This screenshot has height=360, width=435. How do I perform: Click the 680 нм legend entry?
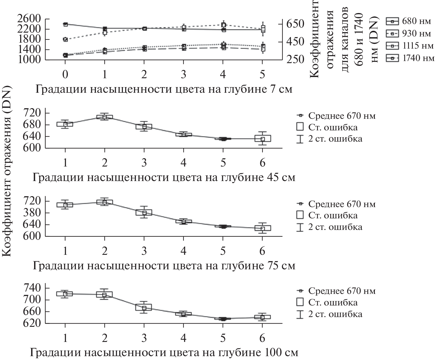(x=410, y=21)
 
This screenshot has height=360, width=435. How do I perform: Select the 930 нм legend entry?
(x=410, y=33)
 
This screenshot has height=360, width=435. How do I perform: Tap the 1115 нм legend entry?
(x=410, y=46)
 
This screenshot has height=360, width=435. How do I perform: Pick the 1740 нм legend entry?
(x=410, y=58)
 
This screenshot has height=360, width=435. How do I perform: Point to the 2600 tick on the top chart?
(x=29, y=19)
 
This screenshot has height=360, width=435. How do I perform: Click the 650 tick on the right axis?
(x=295, y=24)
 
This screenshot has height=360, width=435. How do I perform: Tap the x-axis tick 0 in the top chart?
(x=65, y=74)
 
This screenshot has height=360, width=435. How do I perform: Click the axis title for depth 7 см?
(x=164, y=89)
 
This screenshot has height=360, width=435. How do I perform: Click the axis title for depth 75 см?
(x=164, y=265)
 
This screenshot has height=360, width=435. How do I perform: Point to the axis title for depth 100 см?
(x=164, y=353)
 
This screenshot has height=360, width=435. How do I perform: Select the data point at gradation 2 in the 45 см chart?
(x=104, y=117)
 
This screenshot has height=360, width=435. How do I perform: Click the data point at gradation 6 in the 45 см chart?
(x=262, y=139)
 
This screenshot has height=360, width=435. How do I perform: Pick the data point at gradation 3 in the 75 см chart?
(x=144, y=212)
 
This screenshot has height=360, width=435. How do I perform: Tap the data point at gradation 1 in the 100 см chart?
(x=65, y=294)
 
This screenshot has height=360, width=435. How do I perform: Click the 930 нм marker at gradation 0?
(x=65, y=39)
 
